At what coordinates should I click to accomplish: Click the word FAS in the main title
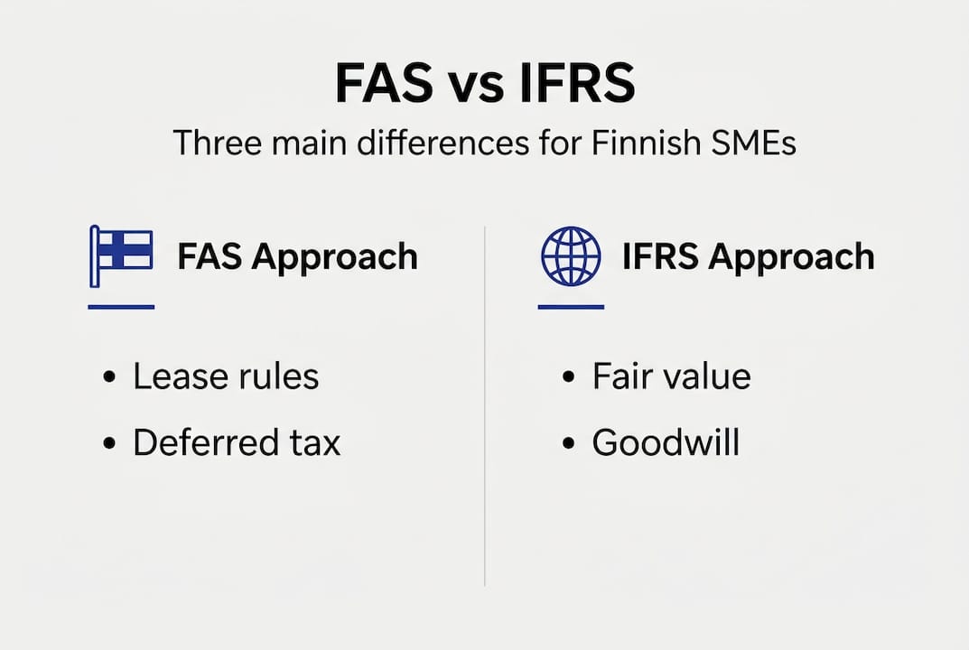coord(384,83)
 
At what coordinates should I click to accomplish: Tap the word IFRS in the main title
coord(577,83)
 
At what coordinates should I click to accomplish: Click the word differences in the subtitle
coord(443,143)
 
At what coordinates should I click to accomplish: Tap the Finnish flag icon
coord(121,256)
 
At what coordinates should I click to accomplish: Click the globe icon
coord(571,255)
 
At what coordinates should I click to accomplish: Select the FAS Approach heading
coord(297,257)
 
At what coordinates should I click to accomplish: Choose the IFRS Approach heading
coord(749,257)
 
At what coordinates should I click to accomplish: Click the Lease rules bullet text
coord(226,376)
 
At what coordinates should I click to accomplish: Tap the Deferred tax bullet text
coord(237,442)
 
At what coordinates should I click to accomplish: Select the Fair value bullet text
coord(672,376)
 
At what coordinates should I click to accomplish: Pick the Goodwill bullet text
coord(666,442)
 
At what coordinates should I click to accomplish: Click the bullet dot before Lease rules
coord(109,376)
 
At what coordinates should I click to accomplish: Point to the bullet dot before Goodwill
coord(569,443)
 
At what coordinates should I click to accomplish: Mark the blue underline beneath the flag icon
coord(121,306)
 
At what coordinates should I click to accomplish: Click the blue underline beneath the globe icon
coord(571,306)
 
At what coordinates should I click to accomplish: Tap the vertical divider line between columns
coord(484,406)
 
